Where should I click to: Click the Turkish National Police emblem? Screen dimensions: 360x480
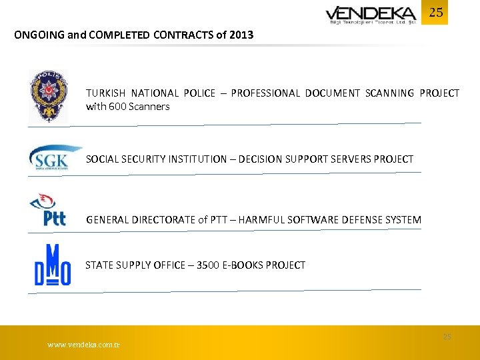click(x=48, y=97)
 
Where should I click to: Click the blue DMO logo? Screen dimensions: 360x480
click(x=53, y=266)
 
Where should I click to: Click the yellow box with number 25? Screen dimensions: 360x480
click(x=435, y=13)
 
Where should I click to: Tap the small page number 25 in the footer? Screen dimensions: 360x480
click(x=447, y=337)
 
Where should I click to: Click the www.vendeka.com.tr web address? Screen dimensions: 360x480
click(x=83, y=345)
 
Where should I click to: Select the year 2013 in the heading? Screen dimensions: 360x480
click(x=241, y=35)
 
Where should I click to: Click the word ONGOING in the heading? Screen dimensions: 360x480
click(x=39, y=35)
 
